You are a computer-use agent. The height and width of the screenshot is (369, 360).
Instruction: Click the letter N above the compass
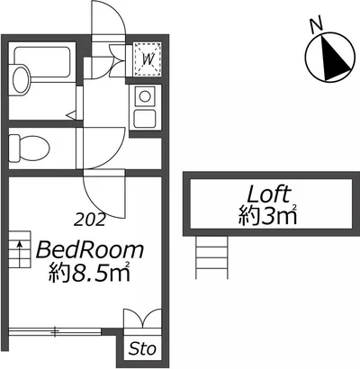[316, 25]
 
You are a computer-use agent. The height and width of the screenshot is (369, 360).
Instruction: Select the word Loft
[268, 194]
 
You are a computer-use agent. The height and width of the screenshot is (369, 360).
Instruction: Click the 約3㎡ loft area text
[268, 215]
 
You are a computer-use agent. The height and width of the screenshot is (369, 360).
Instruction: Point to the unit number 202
[90, 220]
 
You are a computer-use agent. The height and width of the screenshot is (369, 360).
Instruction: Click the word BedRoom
[90, 250]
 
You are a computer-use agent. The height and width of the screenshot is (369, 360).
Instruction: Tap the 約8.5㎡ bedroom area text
[90, 272]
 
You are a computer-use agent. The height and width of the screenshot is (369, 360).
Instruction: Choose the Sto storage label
[143, 349]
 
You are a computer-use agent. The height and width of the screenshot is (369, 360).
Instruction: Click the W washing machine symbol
[148, 58]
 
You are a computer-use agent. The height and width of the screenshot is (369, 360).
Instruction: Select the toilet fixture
[29, 148]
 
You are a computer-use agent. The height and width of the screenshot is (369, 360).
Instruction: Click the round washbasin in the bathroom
[21, 78]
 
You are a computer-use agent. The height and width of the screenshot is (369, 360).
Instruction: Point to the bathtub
[42, 65]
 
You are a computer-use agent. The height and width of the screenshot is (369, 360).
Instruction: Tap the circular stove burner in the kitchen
[145, 96]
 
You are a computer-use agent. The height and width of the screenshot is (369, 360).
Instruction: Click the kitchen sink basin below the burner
[145, 118]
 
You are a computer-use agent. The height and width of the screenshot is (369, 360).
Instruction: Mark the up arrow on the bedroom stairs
[20, 253]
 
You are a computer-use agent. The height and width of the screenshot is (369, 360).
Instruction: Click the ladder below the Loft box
[211, 257]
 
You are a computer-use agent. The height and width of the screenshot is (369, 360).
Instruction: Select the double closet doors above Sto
[143, 319]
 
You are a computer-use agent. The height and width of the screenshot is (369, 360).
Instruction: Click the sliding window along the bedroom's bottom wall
[55, 332]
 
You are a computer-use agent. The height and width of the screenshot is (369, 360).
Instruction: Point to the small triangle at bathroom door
[71, 115]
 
